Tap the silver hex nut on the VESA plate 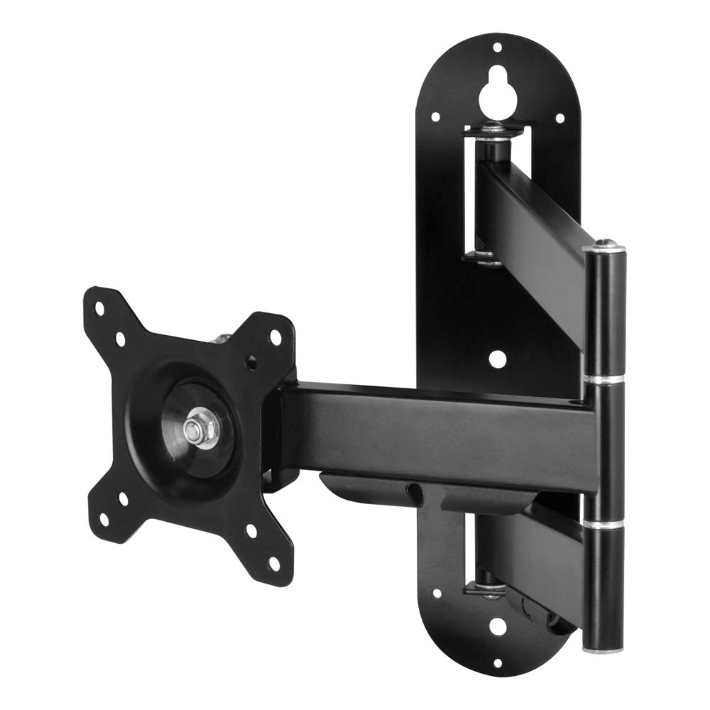click(193, 429)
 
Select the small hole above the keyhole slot click(497, 48)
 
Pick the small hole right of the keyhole click(559, 118)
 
